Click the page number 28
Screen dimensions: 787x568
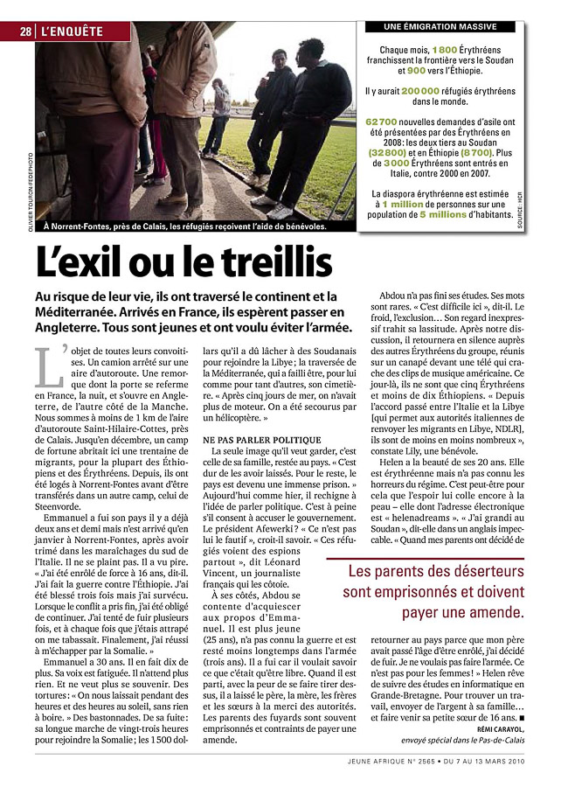tap(27, 31)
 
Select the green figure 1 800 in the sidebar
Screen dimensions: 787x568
tap(444, 51)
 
